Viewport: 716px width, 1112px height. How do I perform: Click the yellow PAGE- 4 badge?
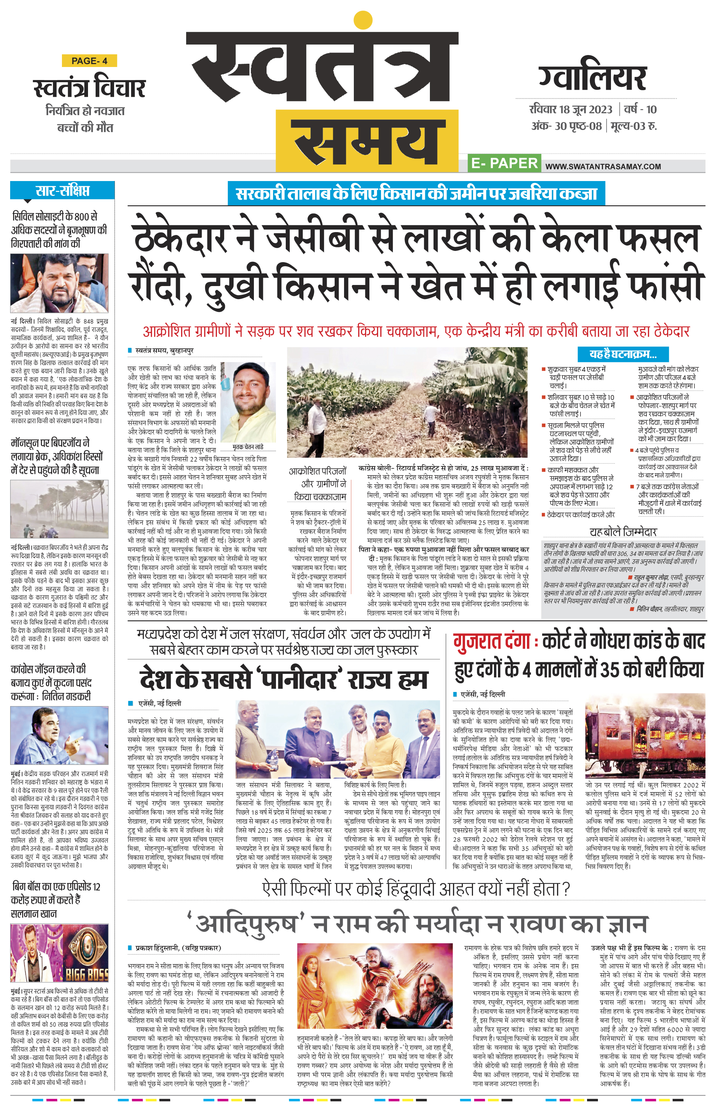point(89,61)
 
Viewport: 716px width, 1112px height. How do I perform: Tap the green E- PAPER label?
point(504,163)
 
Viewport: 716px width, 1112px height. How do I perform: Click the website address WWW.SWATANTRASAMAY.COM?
point(603,167)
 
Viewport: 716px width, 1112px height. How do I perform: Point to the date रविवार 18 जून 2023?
point(570,110)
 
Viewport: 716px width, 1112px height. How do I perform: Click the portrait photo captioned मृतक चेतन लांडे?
point(248,403)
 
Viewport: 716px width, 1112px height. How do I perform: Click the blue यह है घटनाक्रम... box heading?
point(623,354)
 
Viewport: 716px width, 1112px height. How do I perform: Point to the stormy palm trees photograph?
point(59,509)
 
